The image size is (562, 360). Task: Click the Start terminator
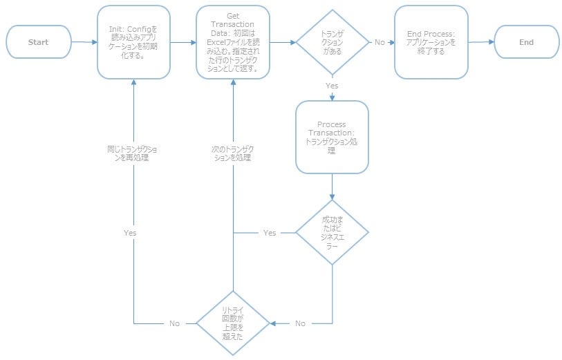pyautogui.click(x=39, y=42)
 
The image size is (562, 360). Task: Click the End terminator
pyautogui.click(x=527, y=42)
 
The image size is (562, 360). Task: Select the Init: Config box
pyautogui.click(x=133, y=42)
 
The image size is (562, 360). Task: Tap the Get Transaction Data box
pyautogui.click(x=233, y=42)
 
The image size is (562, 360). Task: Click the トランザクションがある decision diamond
pyautogui.click(x=332, y=42)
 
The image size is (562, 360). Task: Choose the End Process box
pyautogui.click(x=431, y=42)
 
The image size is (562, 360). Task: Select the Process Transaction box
pyautogui.click(x=332, y=137)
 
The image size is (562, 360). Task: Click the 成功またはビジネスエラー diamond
pyautogui.click(x=332, y=233)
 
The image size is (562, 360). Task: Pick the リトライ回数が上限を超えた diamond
pyautogui.click(x=232, y=323)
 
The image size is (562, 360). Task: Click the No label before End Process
pyautogui.click(x=380, y=42)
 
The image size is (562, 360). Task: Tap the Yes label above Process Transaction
pyautogui.click(x=332, y=86)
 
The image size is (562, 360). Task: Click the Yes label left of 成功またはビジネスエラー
pyautogui.click(x=270, y=233)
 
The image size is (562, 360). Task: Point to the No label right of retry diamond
pyautogui.click(x=300, y=323)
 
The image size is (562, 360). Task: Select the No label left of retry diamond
pyautogui.click(x=175, y=323)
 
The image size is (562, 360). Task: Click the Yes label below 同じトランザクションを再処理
pyautogui.click(x=130, y=233)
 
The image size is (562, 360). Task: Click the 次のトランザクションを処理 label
pyautogui.click(x=232, y=153)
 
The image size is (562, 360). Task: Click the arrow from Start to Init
pyautogui.click(x=84, y=42)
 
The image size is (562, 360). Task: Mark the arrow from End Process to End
pyautogui.click(x=481, y=42)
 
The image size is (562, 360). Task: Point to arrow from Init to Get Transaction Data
pyautogui.click(x=183, y=42)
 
